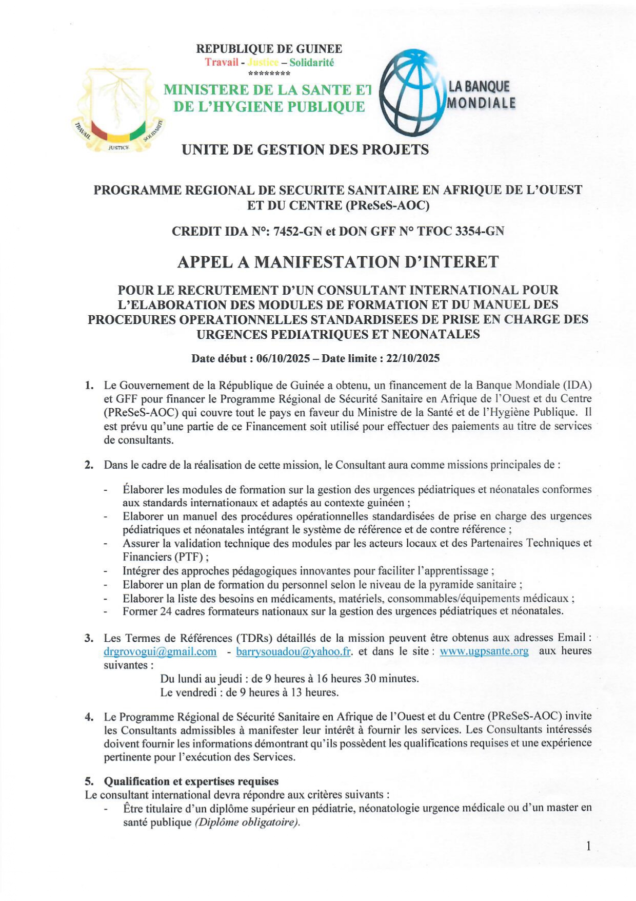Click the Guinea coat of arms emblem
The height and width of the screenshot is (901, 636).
tap(118, 109)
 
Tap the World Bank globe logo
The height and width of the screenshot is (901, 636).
tap(413, 92)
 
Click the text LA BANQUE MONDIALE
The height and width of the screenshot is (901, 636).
tap(480, 95)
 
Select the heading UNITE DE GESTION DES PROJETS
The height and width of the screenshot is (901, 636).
tap(305, 149)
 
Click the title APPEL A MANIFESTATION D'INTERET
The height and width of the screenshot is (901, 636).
tap(337, 262)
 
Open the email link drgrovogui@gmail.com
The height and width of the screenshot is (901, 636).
tap(160, 651)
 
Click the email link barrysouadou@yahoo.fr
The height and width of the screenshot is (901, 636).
tap(293, 651)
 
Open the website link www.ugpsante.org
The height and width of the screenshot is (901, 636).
tap(484, 651)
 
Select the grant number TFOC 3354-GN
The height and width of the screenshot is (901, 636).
tap(461, 231)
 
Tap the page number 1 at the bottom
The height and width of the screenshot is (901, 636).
tap(588, 847)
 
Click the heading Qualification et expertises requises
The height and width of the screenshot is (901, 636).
tap(191, 781)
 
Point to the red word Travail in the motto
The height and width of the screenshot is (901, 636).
tap(222, 63)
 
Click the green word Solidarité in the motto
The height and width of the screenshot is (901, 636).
tap(311, 63)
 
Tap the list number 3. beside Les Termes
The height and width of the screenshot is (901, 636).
tap(89, 638)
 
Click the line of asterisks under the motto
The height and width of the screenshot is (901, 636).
tap(269, 74)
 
